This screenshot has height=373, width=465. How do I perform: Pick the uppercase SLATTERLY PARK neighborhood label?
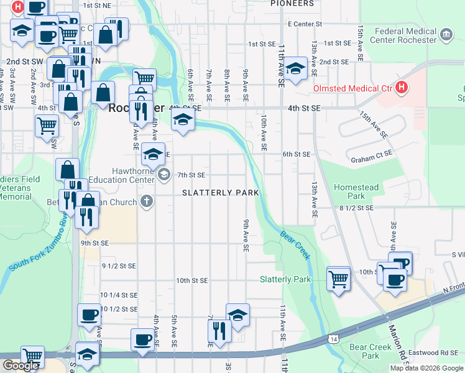click(221, 193)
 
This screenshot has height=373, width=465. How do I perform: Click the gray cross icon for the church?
click(146, 201)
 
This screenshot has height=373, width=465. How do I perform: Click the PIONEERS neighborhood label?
click(292, 4)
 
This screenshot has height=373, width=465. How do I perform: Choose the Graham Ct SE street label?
click(372, 154)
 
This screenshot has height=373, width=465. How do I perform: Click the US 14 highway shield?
click(334, 338)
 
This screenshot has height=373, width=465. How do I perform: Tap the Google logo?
click(20, 366)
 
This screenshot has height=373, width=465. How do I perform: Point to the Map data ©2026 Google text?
click(426, 368)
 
